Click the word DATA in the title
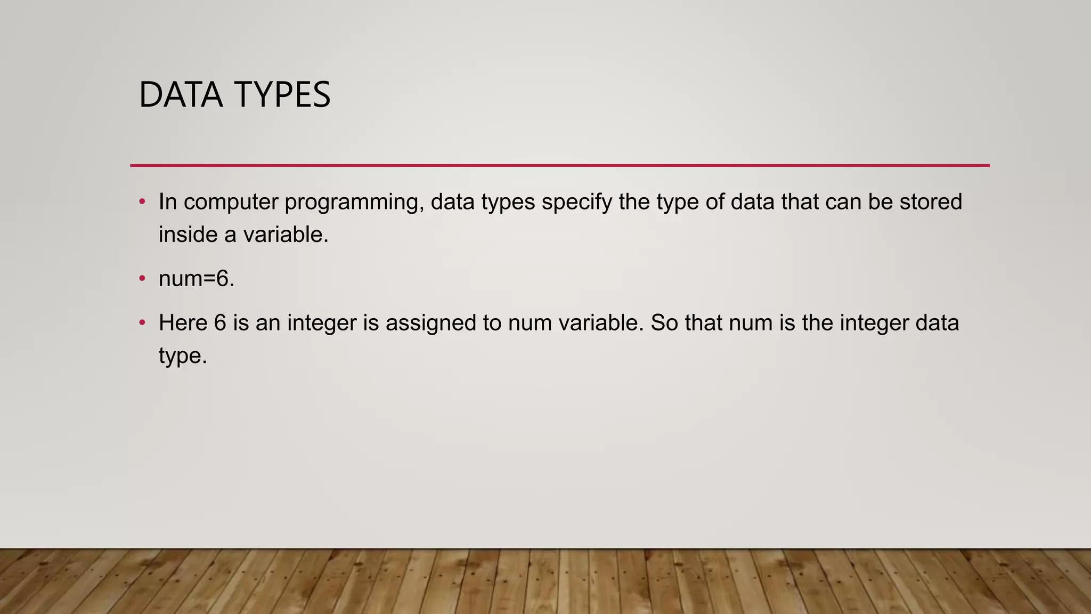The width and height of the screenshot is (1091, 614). click(181, 95)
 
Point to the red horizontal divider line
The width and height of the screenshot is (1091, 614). click(559, 165)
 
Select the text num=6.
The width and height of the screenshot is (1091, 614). click(197, 279)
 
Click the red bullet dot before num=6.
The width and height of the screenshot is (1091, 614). click(142, 278)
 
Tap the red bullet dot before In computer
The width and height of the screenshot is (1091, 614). click(142, 201)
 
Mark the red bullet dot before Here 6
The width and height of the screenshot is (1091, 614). click(142, 322)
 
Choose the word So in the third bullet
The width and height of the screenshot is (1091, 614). click(664, 323)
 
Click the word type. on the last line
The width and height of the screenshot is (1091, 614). click(183, 356)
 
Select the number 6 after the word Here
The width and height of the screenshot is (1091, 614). click(220, 323)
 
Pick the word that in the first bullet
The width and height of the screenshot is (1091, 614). click(800, 202)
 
